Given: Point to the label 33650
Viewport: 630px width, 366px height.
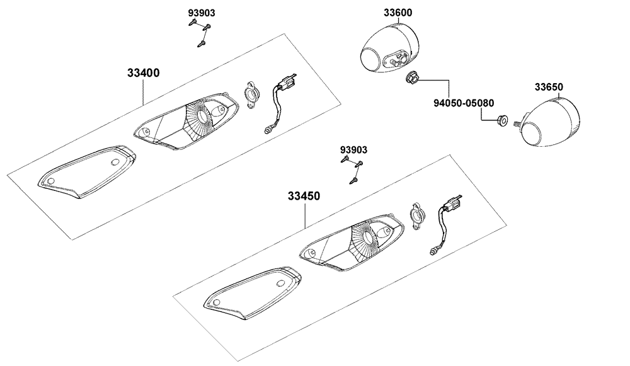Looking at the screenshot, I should (549, 87).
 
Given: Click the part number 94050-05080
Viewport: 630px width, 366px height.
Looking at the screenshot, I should (463, 103).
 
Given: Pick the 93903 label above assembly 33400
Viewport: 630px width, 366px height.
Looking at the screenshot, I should (201, 13).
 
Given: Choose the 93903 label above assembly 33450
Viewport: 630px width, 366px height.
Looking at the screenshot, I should (353, 150).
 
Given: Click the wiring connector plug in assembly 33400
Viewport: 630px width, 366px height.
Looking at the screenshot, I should (287, 86).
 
